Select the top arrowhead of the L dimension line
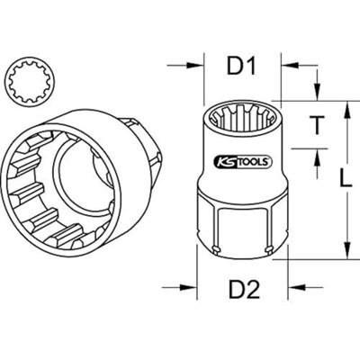344,108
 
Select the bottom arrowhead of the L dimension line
344,251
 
